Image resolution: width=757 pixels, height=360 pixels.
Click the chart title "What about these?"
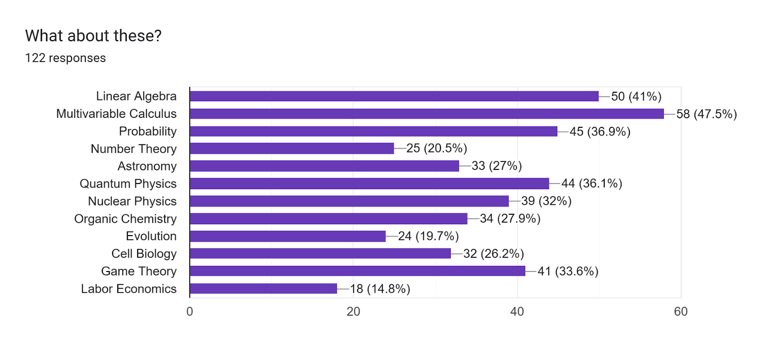pyautogui.click(x=93, y=36)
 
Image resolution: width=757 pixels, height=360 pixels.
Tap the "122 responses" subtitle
pyautogui.click(x=65, y=58)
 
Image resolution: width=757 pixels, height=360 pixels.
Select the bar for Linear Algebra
pyautogui.click(x=394, y=97)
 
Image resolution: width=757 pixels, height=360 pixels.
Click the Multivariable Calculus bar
pyautogui.click(x=426, y=114)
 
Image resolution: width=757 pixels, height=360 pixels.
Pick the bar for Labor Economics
pyautogui.click(x=263, y=289)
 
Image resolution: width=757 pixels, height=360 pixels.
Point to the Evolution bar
pyautogui.click(x=288, y=236)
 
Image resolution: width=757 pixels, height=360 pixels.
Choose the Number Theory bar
pyautogui.click(x=291, y=149)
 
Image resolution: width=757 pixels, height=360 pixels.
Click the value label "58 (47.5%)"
pyautogui.click(x=706, y=114)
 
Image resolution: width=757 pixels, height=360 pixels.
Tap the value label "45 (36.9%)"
pyautogui.click(x=600, y=132)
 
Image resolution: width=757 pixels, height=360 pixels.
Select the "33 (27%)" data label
pyautogui.click(x=496, y=166)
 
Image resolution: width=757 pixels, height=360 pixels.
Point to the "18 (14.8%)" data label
pyautogui.click(x=380, y=289)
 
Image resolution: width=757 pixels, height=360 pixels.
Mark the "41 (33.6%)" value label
pyautogui.click(x=568, y=271)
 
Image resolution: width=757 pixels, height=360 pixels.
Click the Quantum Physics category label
pyautogui.click(x=128, y=184)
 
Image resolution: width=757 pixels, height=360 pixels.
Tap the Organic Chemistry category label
pyautogui.click(x=125, y=219)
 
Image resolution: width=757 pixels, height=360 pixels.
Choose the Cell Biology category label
pyautogui.click(x=144, y=254)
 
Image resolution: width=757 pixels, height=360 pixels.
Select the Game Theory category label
pyautogui.click(x=139, y=271)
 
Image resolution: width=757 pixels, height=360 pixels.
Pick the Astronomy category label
pyautogui.click(x=147, y=166)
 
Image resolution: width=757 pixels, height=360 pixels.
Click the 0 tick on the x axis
pyautogui.click(x=190, y=311)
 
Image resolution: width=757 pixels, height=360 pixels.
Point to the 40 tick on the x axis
pyautogui.click(x=517, y=311)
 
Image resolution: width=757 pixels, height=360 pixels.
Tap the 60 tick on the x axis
pyautogui.click(x=681, y=311)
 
